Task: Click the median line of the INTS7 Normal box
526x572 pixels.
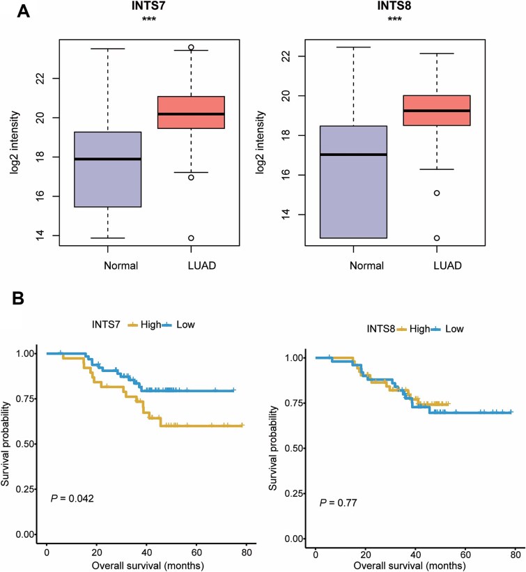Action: click(x=107, y=159)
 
